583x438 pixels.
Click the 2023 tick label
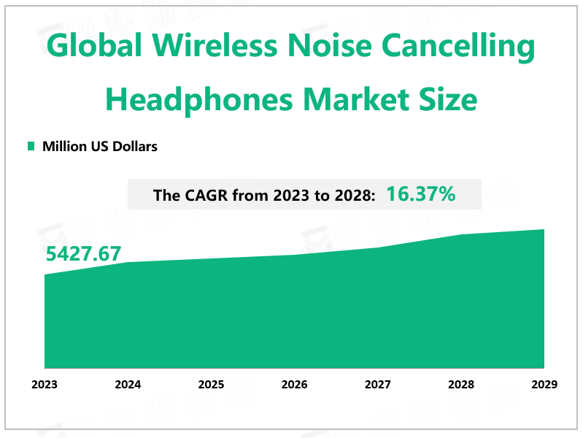(45, 385)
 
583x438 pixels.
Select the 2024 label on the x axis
(128, 385)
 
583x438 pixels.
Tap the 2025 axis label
(211, 385)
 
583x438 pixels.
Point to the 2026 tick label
(294, 385)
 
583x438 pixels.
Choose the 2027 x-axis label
(377, 385)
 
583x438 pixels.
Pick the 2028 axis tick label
(460, 385)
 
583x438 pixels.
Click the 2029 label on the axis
(544, 385)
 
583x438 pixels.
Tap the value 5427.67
(83, 254)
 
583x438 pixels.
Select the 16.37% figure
(421, 194)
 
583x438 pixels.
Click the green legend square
(31, 146)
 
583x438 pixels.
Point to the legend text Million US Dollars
(100, 146)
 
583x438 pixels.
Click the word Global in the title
(93, 48)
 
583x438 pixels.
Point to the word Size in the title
(451, 99)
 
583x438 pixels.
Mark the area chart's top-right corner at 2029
(544, 229)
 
